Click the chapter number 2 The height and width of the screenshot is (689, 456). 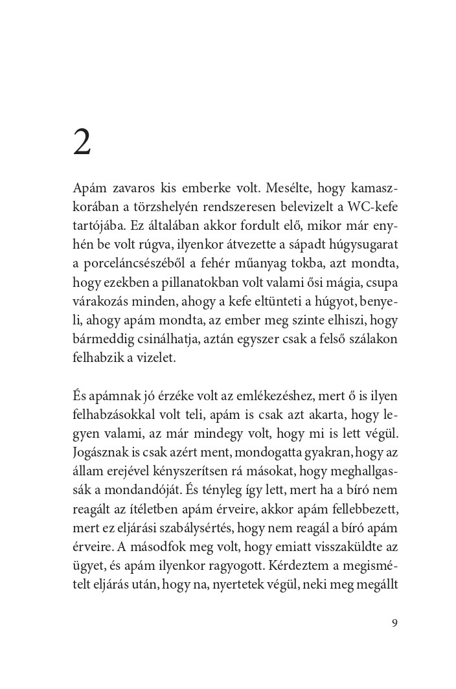click(82, 142)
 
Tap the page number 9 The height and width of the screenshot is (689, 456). click(394, 623)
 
